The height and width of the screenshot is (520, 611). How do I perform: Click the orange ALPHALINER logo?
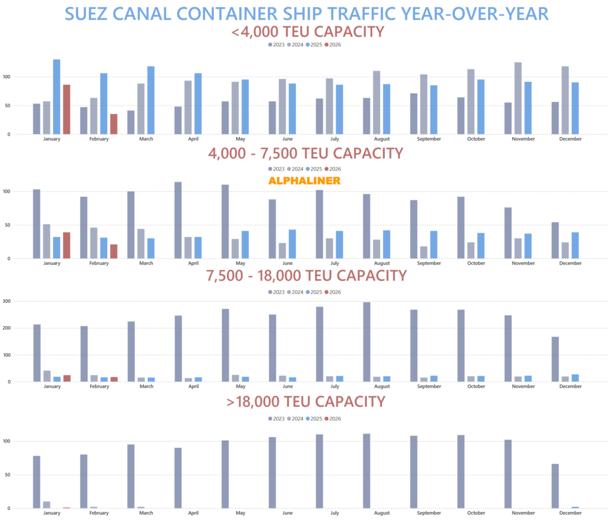(304, 181)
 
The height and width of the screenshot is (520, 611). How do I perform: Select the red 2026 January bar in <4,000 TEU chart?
(66, 110)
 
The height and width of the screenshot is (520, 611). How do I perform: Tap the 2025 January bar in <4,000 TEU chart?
(57, 97)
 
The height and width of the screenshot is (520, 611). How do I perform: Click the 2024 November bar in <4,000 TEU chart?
(518, 98)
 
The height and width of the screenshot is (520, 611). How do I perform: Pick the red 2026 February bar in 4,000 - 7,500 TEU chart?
(113, 251)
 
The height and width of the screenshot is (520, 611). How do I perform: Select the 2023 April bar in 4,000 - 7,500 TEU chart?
(178, 220)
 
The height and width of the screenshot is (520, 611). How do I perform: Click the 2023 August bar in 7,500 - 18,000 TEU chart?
(366, 342)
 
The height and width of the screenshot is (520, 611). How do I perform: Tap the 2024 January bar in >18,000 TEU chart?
(47, 504)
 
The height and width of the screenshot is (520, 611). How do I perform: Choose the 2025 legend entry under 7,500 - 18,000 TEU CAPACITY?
(314, 292)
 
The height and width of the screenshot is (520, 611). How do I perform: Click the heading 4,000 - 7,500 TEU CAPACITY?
(305, 153)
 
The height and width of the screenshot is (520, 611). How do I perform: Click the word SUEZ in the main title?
(92, 13)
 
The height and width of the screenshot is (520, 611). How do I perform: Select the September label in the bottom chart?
(429, 513)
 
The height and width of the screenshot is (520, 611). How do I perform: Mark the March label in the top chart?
(146, 139)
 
